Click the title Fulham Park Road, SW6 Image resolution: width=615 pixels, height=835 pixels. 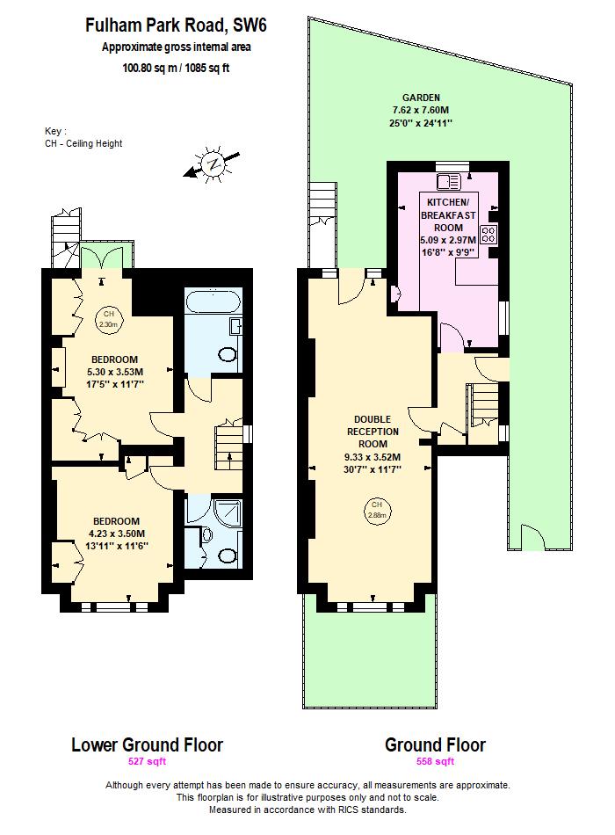[x=175, y=26]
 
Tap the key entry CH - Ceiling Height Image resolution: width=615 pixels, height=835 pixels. [x=83, y=143]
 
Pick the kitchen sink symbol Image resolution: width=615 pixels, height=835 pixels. [x=447, y=182]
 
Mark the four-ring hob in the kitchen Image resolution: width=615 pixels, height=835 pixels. [x=488, y=235]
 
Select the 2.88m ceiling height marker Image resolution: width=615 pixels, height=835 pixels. [x=377, y=509]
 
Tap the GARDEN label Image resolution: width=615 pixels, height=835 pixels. [x=421, y=98]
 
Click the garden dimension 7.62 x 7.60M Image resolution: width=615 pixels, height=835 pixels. [x=421, y=110]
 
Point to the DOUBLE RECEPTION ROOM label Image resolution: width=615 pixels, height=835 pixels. [x=377, y=432]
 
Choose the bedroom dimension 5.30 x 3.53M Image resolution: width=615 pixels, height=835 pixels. [x=116, y=372]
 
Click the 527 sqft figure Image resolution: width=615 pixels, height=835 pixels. [x=147, y=762]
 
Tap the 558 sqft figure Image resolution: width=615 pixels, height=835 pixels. [x=435, y=762]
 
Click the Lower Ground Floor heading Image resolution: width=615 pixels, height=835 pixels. [x=147, y=745]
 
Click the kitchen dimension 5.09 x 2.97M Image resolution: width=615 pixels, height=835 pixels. [x=447, y=239]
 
